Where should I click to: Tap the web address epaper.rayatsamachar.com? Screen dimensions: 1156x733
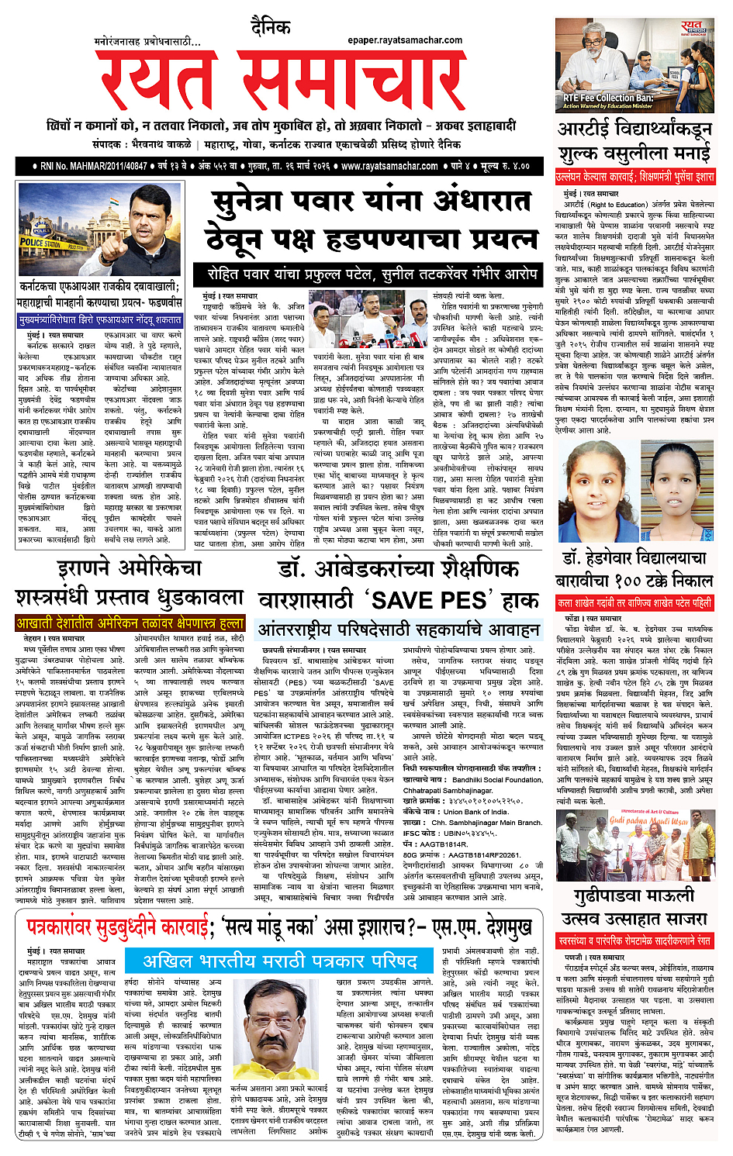405,40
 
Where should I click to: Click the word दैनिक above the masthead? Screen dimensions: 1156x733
271,28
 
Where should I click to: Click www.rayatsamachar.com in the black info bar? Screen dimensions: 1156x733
389,166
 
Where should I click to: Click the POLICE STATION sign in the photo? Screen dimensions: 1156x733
43,243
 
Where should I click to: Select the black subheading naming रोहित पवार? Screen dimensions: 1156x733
372,274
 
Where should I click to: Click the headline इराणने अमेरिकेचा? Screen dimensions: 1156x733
129,568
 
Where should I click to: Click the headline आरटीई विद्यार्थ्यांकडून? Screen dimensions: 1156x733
634,129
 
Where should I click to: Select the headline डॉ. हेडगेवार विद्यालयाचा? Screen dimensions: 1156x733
634,557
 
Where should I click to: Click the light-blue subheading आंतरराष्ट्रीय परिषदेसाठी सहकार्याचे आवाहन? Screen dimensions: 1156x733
398,629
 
